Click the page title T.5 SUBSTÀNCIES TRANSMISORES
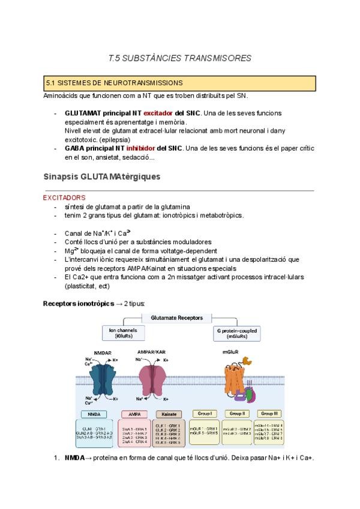click(179, 58)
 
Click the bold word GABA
click(74, 148)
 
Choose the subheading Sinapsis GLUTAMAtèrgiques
click(101, 177)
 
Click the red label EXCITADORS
click(64, 197)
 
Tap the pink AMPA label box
click(134, 414)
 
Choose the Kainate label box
click(169, 414)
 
